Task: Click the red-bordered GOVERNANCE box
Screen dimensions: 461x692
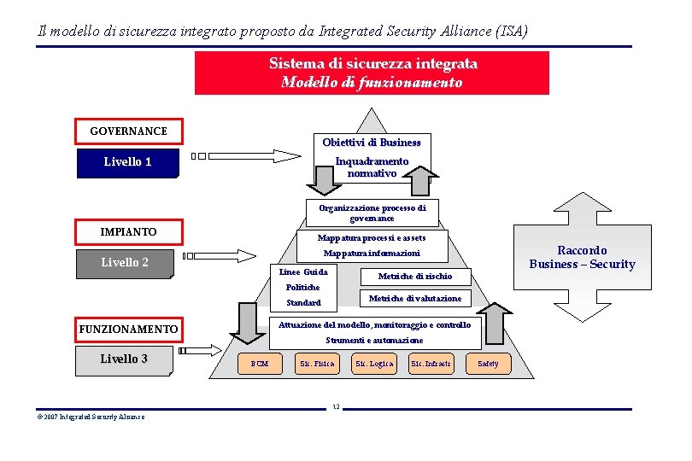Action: [128, 131]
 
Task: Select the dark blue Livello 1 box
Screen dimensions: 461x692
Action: [127, 162]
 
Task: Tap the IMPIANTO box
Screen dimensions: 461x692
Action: [128, 231]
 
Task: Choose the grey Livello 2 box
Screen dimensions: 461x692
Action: [125, 263]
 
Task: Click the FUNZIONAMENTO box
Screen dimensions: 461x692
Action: [128, 329]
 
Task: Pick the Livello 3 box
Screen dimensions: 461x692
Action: [124, 359]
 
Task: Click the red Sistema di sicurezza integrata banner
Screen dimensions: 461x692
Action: [372, 73]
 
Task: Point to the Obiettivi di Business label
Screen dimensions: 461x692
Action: [372, 142]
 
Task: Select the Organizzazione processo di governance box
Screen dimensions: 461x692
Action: [372, 213]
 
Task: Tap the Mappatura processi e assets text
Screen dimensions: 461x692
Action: [372, 237]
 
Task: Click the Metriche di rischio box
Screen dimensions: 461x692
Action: [414, 276]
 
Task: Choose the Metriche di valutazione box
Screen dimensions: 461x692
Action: [414, 298]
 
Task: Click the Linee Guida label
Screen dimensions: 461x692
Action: [303, 272]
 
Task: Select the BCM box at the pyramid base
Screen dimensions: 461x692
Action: [259, 364]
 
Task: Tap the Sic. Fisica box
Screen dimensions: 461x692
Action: [316, 364]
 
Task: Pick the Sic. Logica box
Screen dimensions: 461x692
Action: [373, 364]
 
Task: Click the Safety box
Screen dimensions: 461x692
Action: [488, 364]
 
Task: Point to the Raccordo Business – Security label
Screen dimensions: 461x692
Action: [582, 257]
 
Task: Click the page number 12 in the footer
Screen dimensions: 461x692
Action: [337, 406]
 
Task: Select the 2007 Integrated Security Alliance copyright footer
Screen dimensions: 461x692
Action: [91, 417]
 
